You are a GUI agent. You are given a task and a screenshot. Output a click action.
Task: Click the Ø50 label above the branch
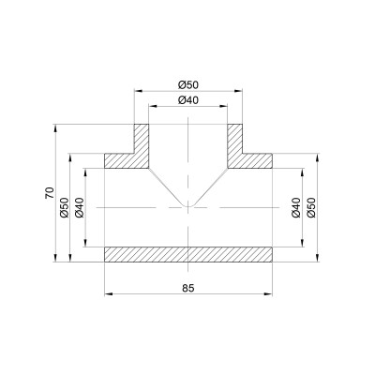(188, 84)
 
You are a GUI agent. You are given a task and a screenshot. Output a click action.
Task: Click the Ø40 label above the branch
(188, 100)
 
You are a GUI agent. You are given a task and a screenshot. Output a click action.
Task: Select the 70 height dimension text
(50, 193)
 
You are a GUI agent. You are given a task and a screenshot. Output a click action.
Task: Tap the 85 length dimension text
(188, 288)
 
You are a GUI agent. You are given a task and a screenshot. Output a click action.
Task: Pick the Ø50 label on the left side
(65, 207)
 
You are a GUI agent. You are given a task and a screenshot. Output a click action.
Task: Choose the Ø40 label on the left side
(80, 207)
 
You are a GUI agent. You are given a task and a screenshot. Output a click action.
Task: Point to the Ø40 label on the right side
(296, 207)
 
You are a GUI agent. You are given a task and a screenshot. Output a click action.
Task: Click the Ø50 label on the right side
(311, 207)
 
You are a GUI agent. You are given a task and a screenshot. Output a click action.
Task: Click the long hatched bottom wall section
(188, 254)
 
